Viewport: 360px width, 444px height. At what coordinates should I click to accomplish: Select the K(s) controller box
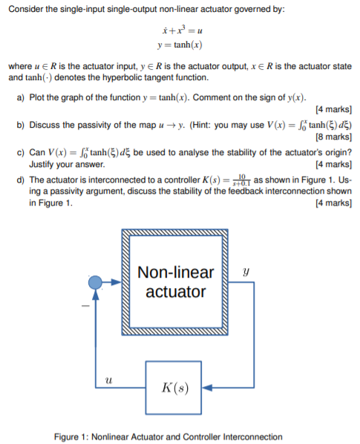pos(178,387)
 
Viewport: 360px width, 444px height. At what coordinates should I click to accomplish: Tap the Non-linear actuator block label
pos(176,281)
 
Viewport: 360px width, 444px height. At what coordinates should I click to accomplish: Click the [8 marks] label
pos(332,137)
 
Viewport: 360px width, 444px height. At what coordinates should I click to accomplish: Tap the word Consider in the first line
pos(25,7)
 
